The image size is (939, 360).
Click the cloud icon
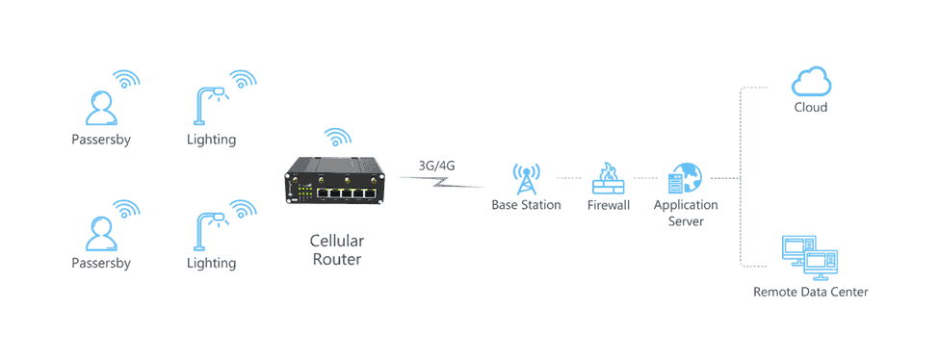click(x=810, y=80)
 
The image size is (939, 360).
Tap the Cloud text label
click(x=810, y=108)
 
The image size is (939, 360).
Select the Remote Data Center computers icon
click(x=808, y=255)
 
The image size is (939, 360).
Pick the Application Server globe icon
click(x=685, y=179)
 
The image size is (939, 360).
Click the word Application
click(x=686, y=205)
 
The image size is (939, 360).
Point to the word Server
click(x=686, y=221)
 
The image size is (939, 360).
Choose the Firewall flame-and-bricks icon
click(x=608, y=178)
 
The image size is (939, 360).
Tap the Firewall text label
click(x=608, y=205)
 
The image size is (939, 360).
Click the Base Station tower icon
click(x=525, y=178)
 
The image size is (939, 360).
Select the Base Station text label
click(x=526, y=205)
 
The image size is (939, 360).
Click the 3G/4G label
click(x=436, y=165)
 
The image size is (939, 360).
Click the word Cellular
click(x=336, y=240)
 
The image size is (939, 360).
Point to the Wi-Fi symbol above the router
click(x=336, y=137)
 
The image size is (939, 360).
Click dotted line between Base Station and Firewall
click(x=569, y=179)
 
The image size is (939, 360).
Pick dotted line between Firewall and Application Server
click(x=644, y=179)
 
